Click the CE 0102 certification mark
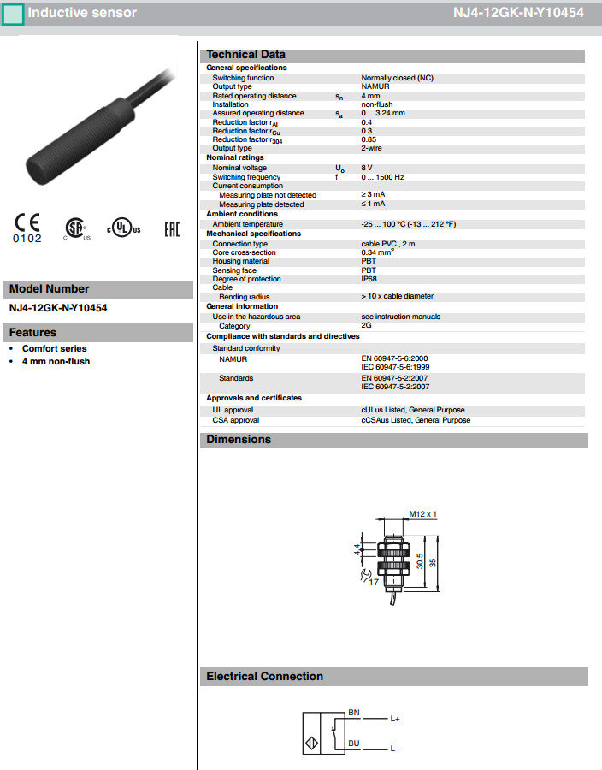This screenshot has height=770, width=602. point(27,228)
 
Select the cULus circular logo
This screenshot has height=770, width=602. point(123,228)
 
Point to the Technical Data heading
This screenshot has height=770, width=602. point(246,55)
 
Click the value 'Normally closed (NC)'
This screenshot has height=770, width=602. point(397,78)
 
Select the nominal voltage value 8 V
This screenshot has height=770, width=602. point(368,168)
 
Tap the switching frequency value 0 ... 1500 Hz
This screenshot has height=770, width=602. point(382,177)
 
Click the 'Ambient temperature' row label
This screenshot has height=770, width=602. point(247,224)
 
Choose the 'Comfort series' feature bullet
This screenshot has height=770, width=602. point(54,349)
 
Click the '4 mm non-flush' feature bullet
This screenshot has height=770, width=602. point(56,362)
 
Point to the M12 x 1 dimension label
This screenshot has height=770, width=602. point(422,514)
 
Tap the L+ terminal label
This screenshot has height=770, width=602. point(395,719)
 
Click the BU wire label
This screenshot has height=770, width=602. point(353,743)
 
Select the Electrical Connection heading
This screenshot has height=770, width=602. point(264,677)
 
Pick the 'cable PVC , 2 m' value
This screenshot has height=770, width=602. point(388,244)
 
